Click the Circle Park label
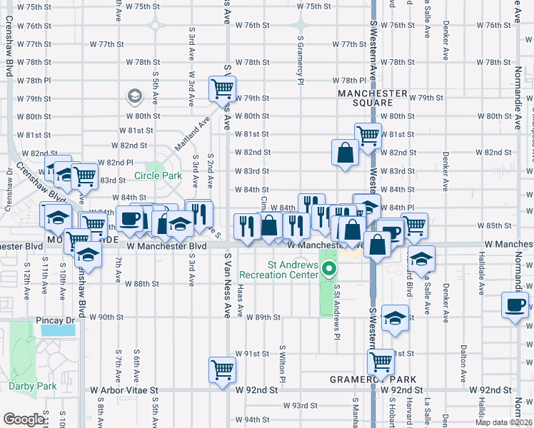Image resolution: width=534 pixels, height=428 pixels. coord(158,175)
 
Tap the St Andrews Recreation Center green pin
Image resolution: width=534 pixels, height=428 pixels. coord(329,269)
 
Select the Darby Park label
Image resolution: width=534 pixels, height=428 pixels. coord(32,386)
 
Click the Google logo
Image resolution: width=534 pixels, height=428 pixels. coord(24,419)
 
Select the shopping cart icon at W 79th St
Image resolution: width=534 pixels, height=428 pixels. coord(222,88)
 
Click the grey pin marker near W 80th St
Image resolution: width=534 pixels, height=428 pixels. coord(133,96)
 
